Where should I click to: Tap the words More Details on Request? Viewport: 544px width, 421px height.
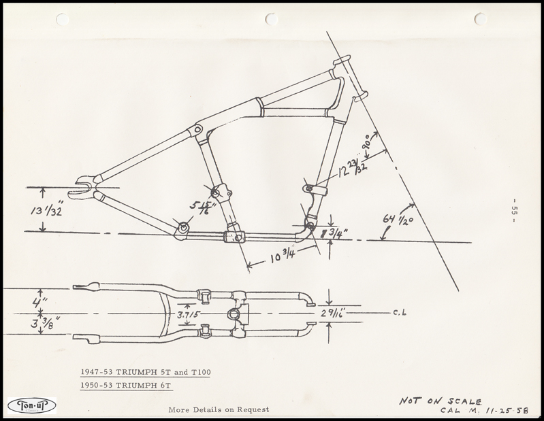pyautogui.click(x=219, y=409)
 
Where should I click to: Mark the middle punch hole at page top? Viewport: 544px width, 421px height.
pyautogui.click(x=272, y=19)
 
